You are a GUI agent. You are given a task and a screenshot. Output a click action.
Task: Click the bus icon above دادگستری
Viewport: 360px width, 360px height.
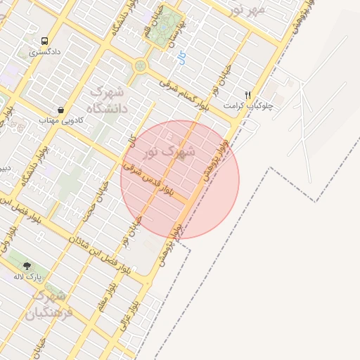[x=45, y=41]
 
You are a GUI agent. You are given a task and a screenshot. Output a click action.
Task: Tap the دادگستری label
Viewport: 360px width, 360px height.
[x=45, y=53]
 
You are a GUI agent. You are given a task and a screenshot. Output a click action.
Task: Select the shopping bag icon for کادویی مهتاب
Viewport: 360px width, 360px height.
[x=61, y=110]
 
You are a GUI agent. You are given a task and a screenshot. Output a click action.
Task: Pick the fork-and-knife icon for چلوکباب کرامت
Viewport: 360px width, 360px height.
[x=247, y=94]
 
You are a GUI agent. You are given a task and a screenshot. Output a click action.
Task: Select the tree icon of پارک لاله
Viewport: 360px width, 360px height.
[x=27, y=265]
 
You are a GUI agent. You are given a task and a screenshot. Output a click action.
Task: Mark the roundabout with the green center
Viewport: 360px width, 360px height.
[x=140, y=66]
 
